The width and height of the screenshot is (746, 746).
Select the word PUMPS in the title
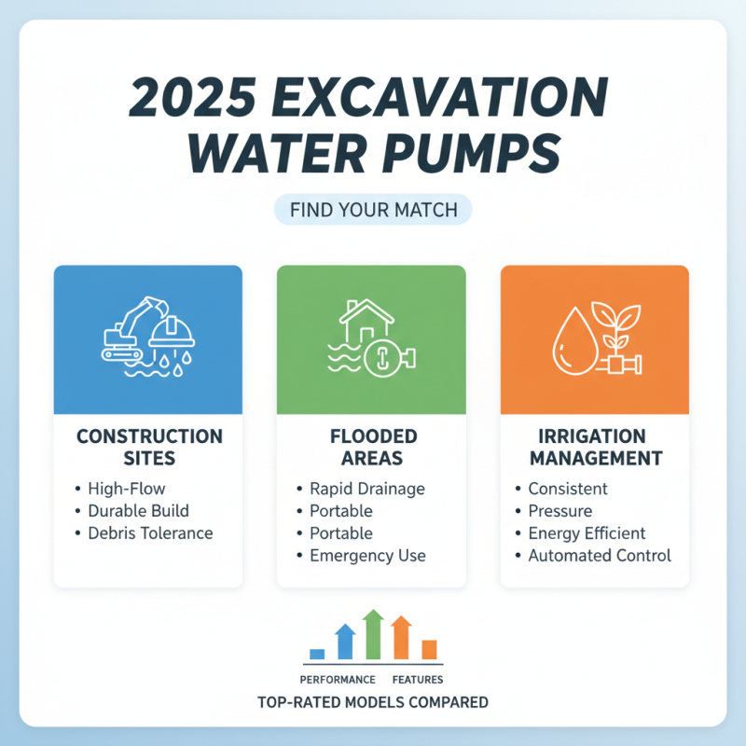[x=475, y=155]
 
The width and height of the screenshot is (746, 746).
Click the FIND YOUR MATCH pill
[x=373, y=210]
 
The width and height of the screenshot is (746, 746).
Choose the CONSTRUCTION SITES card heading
[x=148, y=447]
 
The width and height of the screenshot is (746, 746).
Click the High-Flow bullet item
[x=125, y=488]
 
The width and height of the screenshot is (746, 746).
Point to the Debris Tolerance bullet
[x=150, y=533]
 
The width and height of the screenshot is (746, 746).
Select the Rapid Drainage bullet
[x=366, y=488]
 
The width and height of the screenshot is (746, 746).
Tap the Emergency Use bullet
[x=367, y=556]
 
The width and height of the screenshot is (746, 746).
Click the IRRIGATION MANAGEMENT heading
[x=594, y=447]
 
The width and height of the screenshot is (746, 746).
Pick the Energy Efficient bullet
[x=587, y=533]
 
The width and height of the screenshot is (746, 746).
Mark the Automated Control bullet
[x=600, y=556]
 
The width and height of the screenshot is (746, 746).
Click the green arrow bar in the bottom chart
[x=373, y=635]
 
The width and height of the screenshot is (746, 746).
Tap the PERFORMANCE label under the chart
[x=338, y=680]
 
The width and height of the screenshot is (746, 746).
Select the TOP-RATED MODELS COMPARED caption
[x=372, y=701]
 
